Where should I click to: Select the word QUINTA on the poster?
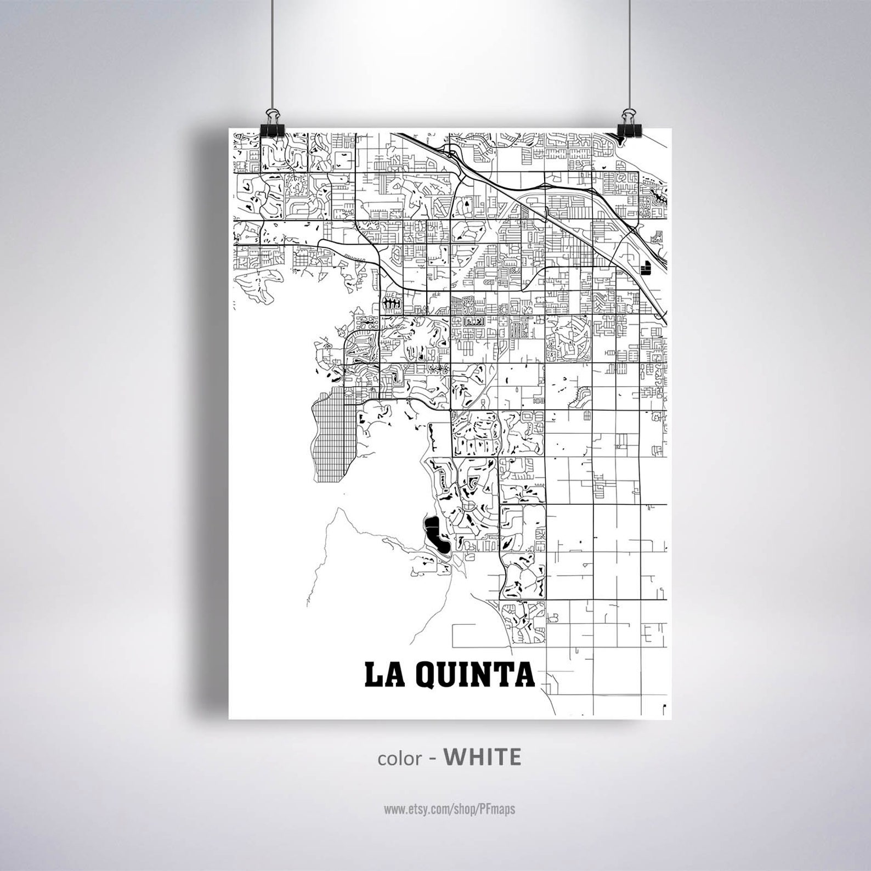(x=476, y=675)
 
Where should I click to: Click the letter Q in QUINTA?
(x=428, y=675)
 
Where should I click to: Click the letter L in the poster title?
(x=374, y=675)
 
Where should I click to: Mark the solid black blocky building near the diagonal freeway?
(x=645, y=267)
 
